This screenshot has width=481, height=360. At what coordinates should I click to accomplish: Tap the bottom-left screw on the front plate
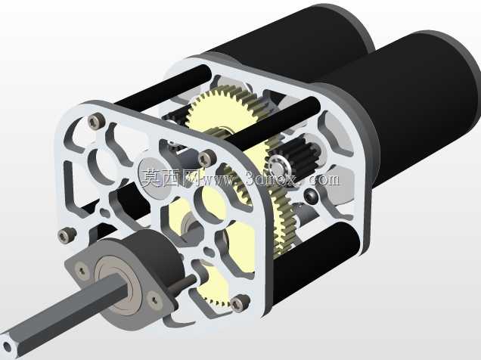point(65,236)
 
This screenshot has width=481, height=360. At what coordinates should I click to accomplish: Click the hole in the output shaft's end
point(7,347)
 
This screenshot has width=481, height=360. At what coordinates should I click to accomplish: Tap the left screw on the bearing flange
point(82,269)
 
